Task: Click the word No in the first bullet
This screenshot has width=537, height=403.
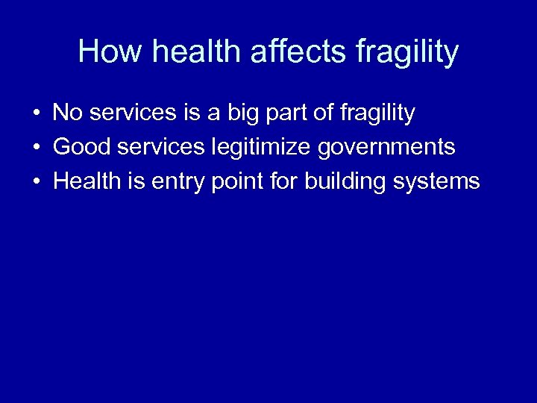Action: [67, 113]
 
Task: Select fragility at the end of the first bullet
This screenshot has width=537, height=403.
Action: [377, 114]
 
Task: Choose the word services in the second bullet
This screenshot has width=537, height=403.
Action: [158, 147]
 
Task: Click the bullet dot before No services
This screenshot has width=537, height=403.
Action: [36, 113]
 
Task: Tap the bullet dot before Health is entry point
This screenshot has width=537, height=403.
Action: [36, 182]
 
